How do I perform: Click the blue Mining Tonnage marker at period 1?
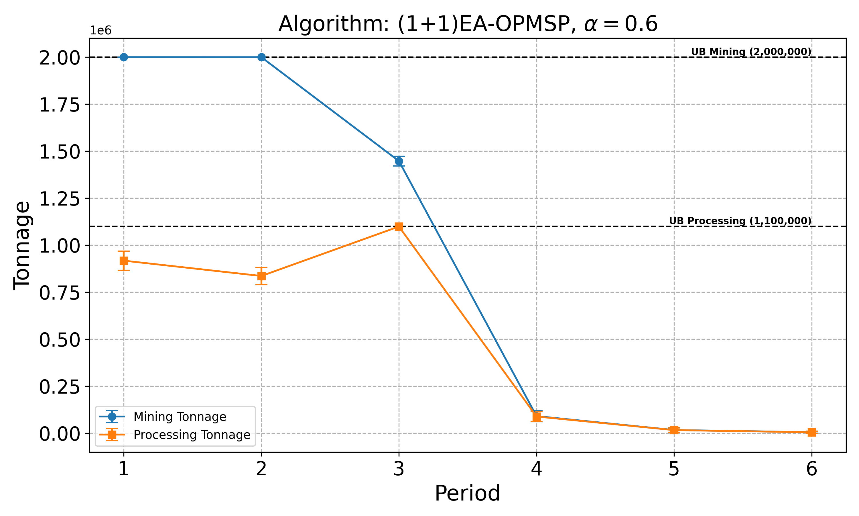124,57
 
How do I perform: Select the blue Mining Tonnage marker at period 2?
261,57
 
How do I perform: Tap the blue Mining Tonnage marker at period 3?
399,161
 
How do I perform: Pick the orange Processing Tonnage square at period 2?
261,276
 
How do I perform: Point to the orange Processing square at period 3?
399,227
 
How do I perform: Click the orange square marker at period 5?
674,430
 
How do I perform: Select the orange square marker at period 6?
811,432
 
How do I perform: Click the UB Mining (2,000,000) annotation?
751,52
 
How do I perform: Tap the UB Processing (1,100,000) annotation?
740,221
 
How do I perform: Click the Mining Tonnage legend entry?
180,417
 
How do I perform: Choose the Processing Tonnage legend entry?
192,435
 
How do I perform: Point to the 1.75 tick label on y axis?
60,105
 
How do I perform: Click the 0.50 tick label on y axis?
60,340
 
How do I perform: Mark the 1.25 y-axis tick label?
60,199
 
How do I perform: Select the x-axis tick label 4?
536,469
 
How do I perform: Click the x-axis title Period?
467,493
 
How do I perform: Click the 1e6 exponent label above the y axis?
101,31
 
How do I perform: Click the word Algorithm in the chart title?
333,24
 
